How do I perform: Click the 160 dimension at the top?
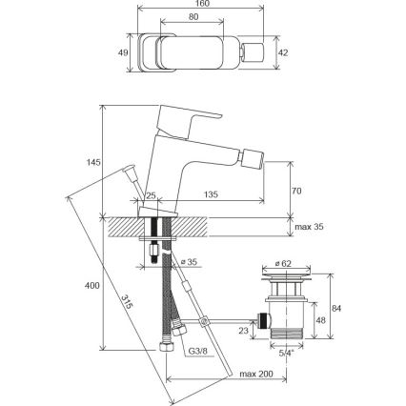[202, 5]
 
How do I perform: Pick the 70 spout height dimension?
[296, 192]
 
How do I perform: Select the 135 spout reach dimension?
[211, 195]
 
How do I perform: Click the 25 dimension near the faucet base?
[150, 195]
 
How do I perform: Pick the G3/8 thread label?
[197, 352]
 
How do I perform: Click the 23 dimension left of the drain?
[242, 332]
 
